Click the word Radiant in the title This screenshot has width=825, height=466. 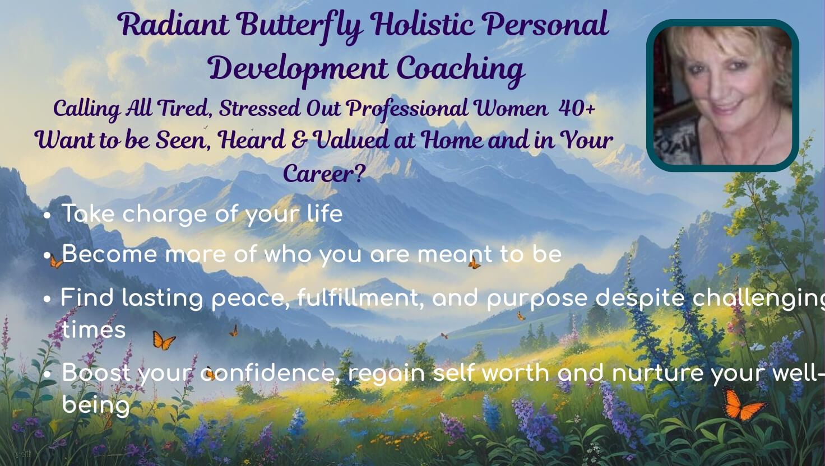pos(173,24)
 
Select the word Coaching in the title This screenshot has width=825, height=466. pos(461,69)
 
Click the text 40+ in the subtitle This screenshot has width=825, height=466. pos(577,108)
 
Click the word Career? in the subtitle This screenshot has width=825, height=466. pos(325,173)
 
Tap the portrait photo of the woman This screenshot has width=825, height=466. pos(722,95)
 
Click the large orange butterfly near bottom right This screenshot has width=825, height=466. pos(742,406)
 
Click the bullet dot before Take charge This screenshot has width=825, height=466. pos(47,215)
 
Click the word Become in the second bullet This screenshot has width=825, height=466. pos(110,254)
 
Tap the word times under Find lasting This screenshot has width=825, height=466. pos(94,329)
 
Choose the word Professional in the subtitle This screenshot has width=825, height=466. pos(407,108)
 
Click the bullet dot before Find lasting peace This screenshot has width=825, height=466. pos(47,299)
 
